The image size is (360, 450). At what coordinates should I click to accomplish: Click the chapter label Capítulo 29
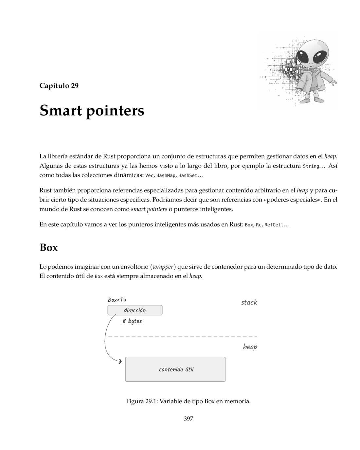click(59, 86)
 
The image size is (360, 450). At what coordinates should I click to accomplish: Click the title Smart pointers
click(92, 111)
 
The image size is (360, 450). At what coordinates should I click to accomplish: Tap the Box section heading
click(48, 247)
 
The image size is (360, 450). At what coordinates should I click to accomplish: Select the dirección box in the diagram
click(135, 310)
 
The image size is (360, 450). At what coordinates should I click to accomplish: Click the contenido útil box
click(175, 369)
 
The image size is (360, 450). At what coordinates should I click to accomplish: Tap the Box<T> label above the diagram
click(117, 300)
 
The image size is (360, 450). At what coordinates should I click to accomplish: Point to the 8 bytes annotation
click(132, 321)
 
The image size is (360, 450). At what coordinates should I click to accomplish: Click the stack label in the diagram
click(249, 302)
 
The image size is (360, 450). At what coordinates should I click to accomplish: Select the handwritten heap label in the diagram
click(250, 347)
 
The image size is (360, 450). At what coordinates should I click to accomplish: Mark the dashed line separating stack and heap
click(183, 336)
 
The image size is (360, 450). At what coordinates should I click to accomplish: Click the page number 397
click(188, 419)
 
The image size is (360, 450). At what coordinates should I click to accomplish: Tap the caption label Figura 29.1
click(141, 401)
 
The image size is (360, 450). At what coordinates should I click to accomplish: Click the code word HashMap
click(166, 176)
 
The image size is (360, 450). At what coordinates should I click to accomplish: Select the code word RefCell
click(274, 225)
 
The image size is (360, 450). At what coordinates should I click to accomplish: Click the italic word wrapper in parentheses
click(163, 267)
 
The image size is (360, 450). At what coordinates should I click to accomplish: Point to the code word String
click(311, 166)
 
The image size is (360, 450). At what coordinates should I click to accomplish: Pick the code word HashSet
click(188, 176)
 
